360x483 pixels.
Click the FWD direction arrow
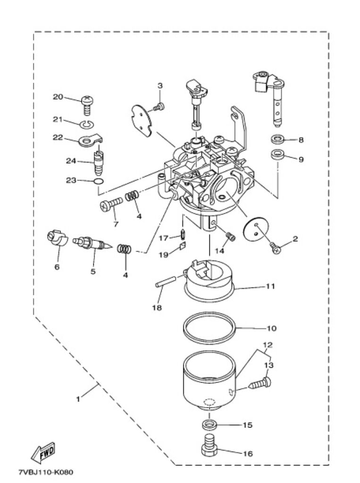[x=43, y=453]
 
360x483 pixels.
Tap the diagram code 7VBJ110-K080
[x=46, y=472]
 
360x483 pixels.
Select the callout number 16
[x=248, y=453]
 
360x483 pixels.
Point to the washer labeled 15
[x=210, y=425]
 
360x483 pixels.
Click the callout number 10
[x=272, y=328]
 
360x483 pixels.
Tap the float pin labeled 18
[x=166, y=282]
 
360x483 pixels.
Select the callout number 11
[x=270, y=286]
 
